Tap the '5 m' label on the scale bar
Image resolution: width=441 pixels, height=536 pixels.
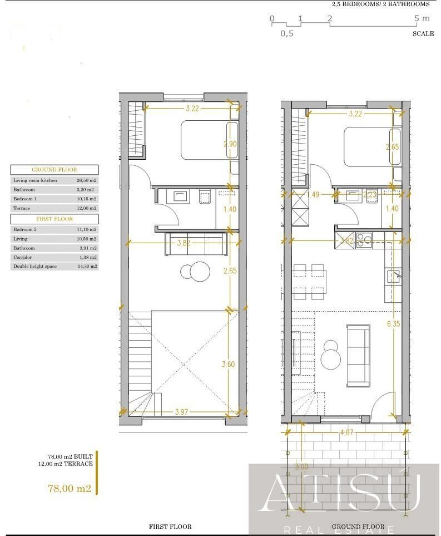point(422,18)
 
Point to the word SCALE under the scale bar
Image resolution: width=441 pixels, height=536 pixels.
point(423,33)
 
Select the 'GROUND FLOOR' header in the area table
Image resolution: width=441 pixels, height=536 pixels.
point(54,170)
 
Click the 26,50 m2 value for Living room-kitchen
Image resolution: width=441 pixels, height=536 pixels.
point(86,180)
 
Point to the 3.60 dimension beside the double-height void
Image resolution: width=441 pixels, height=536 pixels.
point(228,365)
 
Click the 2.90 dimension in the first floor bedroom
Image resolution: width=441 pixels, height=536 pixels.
point(229,144)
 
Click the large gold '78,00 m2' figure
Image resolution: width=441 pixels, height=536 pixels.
point(70,489)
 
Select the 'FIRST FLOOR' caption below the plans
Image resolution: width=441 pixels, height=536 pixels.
point(170,527)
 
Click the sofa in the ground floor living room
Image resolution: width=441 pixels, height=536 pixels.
point(358,356)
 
